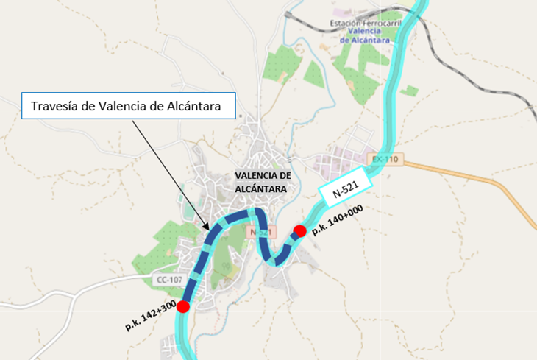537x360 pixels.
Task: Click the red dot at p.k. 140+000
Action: [x=299, y=232]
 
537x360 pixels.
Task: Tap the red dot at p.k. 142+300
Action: [x=183, y=306]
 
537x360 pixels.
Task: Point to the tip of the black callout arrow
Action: [x=210, y=229]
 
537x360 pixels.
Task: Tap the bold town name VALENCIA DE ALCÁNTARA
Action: [x=263, y=181]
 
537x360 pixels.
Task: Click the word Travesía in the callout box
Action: [x=54, y=106]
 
